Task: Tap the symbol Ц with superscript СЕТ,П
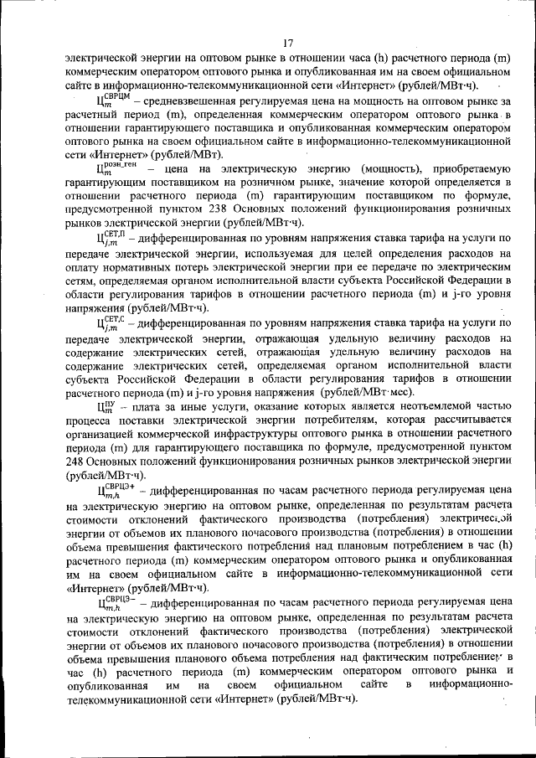click(x=112, y=239)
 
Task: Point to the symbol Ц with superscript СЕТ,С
click(x=112, y=322)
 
